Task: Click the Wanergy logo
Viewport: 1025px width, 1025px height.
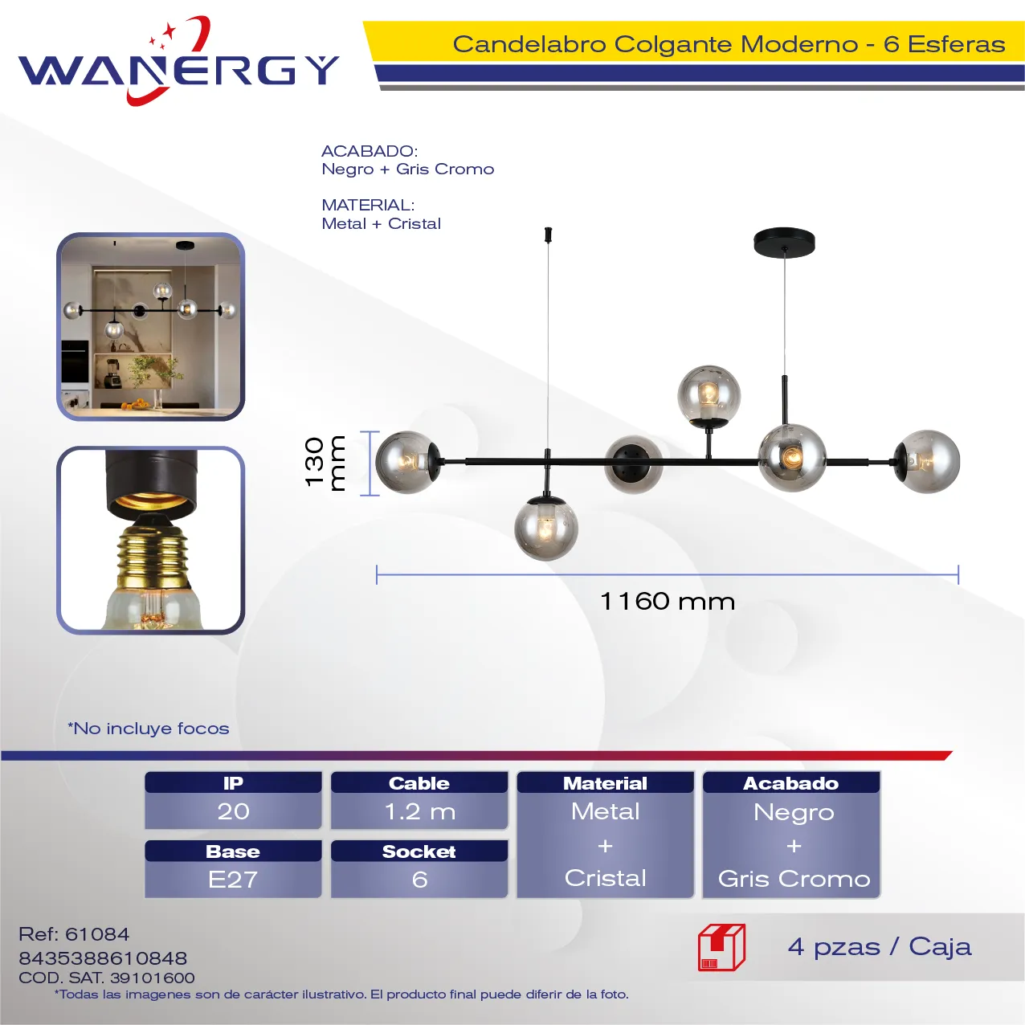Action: (178, 61)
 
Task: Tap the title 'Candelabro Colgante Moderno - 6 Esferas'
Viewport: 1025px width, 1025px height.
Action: (729, 44)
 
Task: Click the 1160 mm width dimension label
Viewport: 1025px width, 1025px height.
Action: (668, 602)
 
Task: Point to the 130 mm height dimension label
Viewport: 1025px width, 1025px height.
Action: (325, 463)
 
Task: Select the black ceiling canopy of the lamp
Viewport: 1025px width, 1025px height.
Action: (784, 243)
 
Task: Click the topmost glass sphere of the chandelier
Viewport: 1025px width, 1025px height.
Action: (709, 396)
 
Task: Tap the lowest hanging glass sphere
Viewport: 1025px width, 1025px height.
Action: (545, 529)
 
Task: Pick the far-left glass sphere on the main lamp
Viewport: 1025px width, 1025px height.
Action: (407, 462)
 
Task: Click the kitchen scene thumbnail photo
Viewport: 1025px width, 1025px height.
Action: (150, 327)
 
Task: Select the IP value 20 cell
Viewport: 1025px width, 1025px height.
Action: (233, 811)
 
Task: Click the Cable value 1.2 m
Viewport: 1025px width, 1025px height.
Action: (419, 811)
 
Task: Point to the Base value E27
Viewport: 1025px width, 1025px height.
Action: (233, 880)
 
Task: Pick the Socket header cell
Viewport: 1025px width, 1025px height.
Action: (419, 851)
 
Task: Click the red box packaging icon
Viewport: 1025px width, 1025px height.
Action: (722, 947)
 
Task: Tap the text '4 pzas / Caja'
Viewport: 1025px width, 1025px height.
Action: (880, 947)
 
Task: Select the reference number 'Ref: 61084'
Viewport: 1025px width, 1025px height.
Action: (74, 934)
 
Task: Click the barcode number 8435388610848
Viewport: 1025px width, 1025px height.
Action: (103, 958)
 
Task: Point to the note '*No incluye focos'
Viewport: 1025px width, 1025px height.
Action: (149, 729)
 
